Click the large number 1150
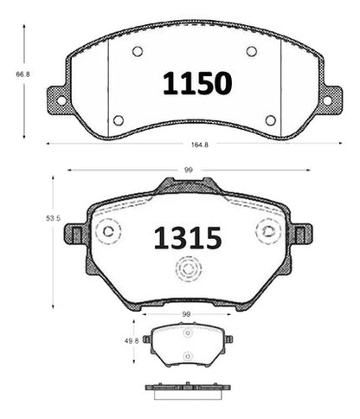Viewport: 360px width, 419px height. [197, 83]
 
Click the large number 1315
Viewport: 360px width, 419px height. [188, 238]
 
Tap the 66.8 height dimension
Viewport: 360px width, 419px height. [22, 74]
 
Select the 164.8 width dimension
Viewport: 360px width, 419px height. [200, 145]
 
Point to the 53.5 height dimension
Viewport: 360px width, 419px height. [53, 218]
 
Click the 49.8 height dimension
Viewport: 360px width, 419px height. [132, 341]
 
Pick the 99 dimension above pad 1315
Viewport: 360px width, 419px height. [189, 171]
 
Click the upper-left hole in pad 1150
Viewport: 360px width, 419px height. [138, 52]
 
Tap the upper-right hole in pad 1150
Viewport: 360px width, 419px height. [252, 51]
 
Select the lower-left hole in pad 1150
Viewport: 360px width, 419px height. [119, 120]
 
